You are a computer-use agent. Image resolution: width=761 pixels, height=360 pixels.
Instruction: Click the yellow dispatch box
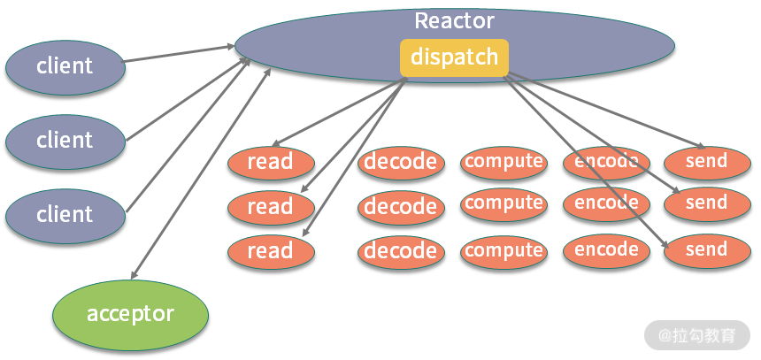pyautogui.click(x=454, y=57)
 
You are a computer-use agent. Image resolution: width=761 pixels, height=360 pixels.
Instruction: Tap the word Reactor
pyautogui.click(x=454, y=20)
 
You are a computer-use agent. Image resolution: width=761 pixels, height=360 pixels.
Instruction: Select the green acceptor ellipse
pyautogui.click(x=130, y=313)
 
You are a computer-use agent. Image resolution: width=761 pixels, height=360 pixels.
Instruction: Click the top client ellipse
pyautogui.click(x=64, y=65)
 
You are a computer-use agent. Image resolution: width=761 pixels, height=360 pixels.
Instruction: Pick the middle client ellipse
pyautogui.click(x=64, y=140)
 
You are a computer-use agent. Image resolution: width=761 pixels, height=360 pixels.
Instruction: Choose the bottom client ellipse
pyautogui.click(x=64, y=214)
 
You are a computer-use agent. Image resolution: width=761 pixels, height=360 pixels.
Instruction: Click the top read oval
pyautogui.click(x=271, y=162)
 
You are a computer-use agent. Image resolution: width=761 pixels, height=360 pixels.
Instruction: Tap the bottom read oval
pyautogui.click(x=271, y=251)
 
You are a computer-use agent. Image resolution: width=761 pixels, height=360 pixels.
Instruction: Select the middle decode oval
pyautogui.click(x=401, y=207)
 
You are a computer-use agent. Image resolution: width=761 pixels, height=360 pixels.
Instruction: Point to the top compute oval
pyautogui.click(x=503, y=161)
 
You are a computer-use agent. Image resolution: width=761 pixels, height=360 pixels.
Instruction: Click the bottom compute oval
pyautogui.click(x=503, y=250)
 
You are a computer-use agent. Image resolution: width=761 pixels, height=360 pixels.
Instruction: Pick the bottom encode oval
pyautogui.click(x=606, y=249)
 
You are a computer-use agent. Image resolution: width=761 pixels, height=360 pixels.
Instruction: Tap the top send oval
pyautogui.click(x=706, y=161)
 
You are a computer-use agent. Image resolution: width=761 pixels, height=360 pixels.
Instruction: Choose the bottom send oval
pyautogui.click(x=706, y=250)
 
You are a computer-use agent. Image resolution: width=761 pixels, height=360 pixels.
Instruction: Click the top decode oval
pyautogui.click(x=401, y=162)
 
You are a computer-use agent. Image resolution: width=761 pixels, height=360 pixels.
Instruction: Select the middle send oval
pyautogui.click(x=706, y=203)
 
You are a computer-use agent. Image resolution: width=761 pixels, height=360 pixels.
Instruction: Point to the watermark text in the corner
pyautogui.click(x=698, y=335)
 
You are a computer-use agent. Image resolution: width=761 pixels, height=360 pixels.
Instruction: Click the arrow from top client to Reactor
pyautogui.click(x=177, y=52)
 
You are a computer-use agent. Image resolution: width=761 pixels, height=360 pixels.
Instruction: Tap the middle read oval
pyautogui.click(x=271, y=207)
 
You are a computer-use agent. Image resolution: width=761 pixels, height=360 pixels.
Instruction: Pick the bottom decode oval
pyautogui.click(x=401, y=251)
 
